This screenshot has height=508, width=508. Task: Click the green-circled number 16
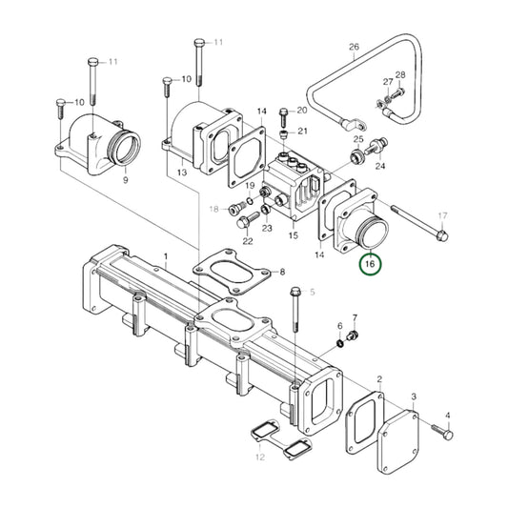[370, 264]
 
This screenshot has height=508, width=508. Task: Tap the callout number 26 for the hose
[355, 47]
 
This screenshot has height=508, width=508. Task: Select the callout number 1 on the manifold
[166, 257]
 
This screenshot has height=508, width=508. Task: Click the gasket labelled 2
[364, 423]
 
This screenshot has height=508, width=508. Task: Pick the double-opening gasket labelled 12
[281, 439]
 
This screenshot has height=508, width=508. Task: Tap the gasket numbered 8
[232, 273]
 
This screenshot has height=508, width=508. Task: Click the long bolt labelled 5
[295, 310]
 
